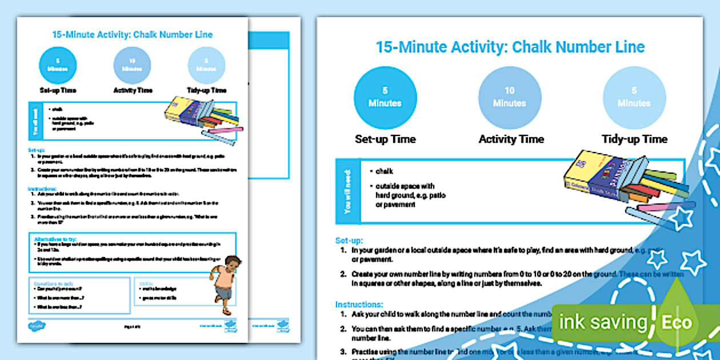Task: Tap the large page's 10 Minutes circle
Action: pos(509,98)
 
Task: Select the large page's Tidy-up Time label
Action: pos(634,139)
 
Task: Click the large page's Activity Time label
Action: pos(511,139)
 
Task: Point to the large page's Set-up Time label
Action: pos(385,139)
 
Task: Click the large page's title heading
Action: pos(510,47)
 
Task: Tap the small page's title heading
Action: pos(133,35)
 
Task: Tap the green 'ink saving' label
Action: pos(603,322)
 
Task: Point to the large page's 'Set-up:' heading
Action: pos(349,241)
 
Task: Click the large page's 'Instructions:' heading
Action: pos(359,305)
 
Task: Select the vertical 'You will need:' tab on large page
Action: pos(348,191)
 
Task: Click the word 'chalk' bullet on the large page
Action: pos(384,171)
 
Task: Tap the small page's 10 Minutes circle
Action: pos(132,65)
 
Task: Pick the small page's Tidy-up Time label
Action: pos(206,90)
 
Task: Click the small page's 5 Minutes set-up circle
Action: pos(58,65)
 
